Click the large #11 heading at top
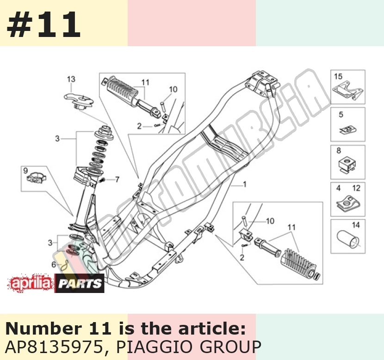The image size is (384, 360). [44, 24]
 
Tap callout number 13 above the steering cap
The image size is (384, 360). [71, 79]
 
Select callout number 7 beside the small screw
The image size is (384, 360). [117, 179]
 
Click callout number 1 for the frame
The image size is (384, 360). [244, 184]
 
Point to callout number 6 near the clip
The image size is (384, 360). [54, 264]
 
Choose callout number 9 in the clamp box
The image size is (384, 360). [25, 171]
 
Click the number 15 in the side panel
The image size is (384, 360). [338, 77]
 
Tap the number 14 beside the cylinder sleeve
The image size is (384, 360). [356, 225]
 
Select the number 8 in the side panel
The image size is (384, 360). [339, 150]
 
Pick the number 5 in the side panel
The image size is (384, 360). [341, 115]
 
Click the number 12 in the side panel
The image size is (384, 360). [356, 188]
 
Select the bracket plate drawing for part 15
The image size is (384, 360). [348, 90]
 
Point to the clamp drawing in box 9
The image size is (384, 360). [37, 178]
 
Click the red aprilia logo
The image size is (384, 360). [31, 283]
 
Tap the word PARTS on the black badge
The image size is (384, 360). [80, 283]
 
